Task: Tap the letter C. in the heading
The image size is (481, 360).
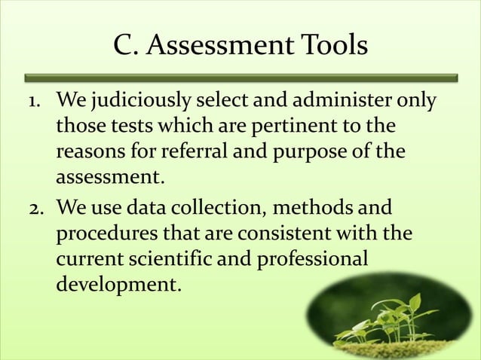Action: [125, 47]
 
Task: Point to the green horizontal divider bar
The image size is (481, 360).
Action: [240, 77]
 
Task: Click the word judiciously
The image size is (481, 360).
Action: [143, 101]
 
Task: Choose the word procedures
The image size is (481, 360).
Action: [104, 233]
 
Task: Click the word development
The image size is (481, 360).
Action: [118, 285]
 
